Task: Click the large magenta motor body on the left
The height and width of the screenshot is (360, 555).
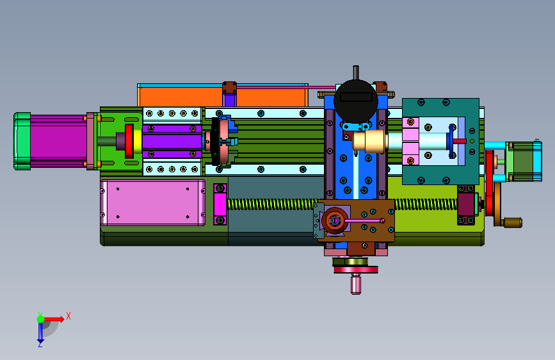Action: click(x=58, y=141)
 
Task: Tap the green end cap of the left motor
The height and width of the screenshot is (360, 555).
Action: click(x=22, y=141)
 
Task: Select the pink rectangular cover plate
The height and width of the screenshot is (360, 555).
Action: click(x=152, y=202)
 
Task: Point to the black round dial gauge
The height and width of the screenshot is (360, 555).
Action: click(x=356, y=101)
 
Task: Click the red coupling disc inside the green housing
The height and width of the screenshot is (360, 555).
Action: click(x=129, y=141)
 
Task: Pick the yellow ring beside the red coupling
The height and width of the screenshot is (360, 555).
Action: click(x=138, y=141)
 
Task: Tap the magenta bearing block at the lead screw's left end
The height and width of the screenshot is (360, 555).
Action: click(x=220, y=204)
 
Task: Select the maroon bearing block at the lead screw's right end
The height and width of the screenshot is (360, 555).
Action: click(x=467, y=204)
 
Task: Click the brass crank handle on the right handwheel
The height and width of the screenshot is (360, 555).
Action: click(x=512, y=222)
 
